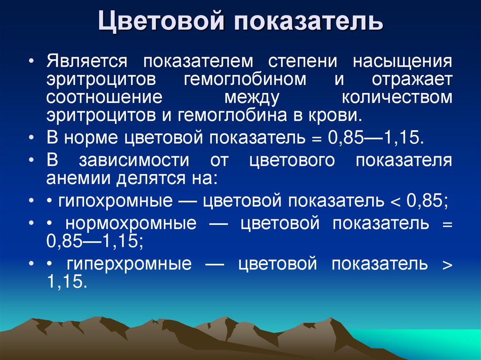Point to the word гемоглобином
click(x=245, y=80)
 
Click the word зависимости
click(x=134, y=160)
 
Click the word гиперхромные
click(x=129, y=264)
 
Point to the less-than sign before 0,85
click(x=395, y=202)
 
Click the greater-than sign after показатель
click(x=447, y=265)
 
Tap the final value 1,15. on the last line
click(x=67, y=282)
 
